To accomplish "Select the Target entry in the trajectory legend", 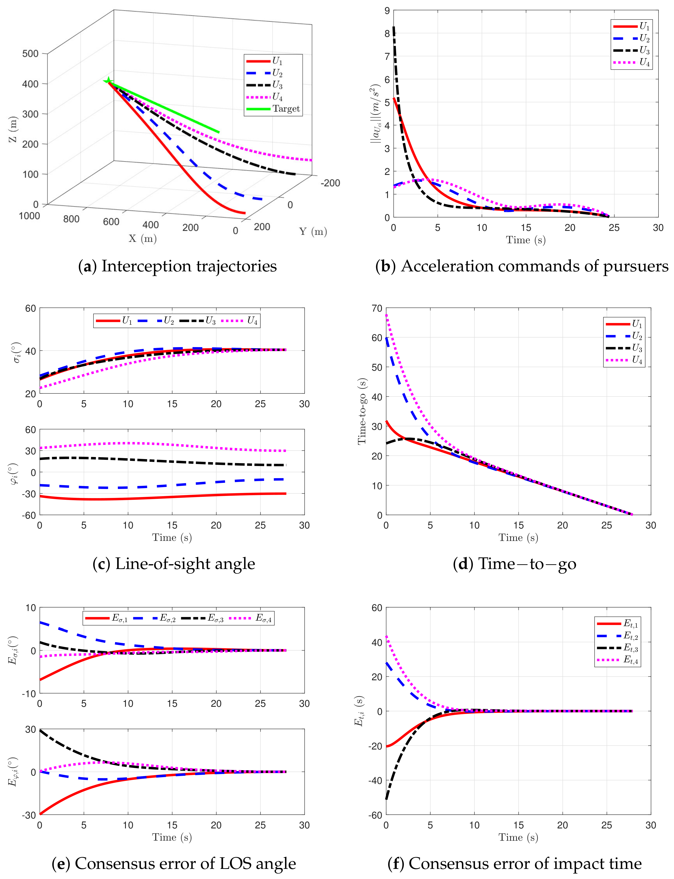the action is pyautogui.click(x=273, y=109).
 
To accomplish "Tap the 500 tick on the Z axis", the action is pyautogui.click(x=31, y=53).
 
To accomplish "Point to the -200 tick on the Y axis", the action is pyautogui.click(x=330, y=183).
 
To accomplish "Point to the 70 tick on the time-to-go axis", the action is pyautogui.click(x=377, y=308).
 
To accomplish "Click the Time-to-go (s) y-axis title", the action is pyautogui.click(x=362, y=411).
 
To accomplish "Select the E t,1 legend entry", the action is pyautogui.click(x=617, y=624).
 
